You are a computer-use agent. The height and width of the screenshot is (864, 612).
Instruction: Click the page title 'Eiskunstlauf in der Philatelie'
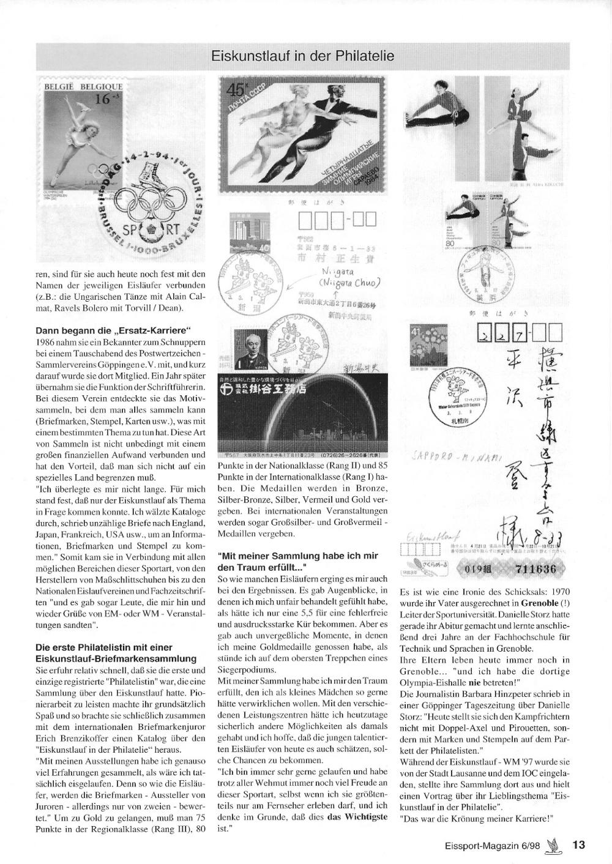[x=302, y=57]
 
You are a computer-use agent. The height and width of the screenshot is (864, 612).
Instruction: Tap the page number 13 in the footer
[x=579, y=845]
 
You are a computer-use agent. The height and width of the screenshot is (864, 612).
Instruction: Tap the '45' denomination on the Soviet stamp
[x=236, y=90]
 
